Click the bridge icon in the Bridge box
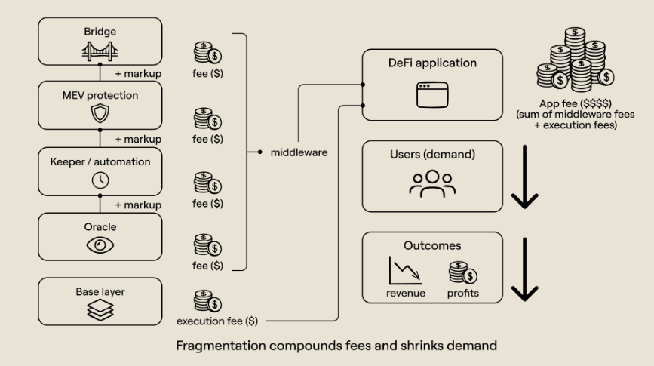(100, 51)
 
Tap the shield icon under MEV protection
(100, 114)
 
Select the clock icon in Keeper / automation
(100, 179)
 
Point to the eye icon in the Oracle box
(100, 244)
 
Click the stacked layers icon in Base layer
(100, 308)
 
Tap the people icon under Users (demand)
(431, 183)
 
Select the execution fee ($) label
(217, 321)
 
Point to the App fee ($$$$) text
(576, 103)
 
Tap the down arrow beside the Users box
(525, 179)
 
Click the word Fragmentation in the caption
(217, 346)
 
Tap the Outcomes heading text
(431, 245)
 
